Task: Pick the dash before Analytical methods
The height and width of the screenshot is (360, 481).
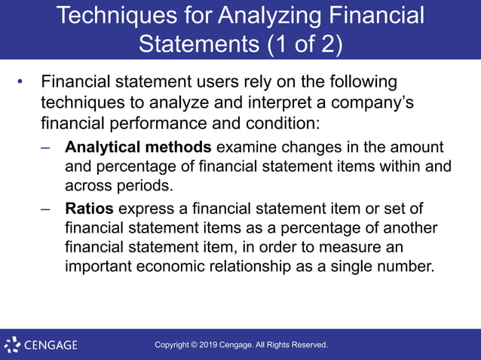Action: pyautogui.click(x=46, y=148)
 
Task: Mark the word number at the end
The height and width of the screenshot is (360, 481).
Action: pyautogui.click(x=406, y=267)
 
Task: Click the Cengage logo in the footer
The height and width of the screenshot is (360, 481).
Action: pyautogui.click(x=41, y=346)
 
